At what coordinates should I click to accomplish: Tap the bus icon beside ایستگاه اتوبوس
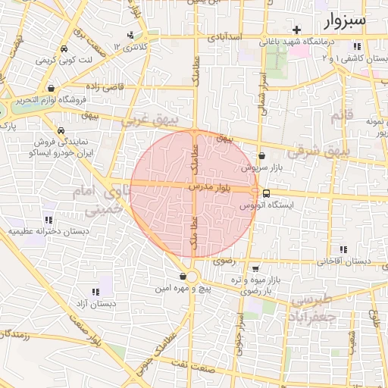(265, 193)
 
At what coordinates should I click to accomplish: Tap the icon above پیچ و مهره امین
(183, 276)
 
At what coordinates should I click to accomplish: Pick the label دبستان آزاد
(95, 305)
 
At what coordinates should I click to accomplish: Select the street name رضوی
(224, 260)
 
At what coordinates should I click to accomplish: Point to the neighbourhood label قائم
(338, 116)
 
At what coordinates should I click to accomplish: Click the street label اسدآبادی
(224, 36)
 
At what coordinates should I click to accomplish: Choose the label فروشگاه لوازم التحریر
(63, 99)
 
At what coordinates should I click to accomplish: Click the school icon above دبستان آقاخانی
(343, 249)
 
